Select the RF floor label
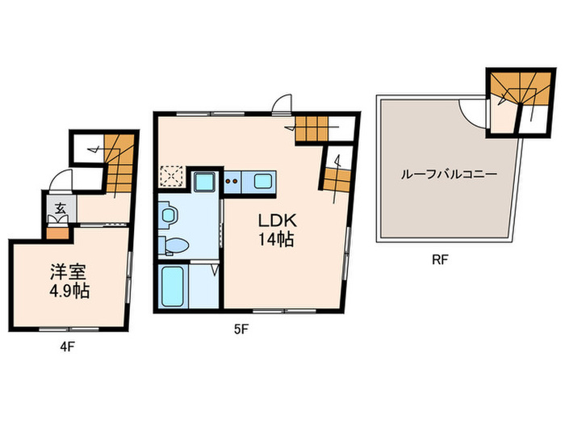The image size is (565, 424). point(440,261)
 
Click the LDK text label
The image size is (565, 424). point(274,220)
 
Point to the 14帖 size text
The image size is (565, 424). point(274,239)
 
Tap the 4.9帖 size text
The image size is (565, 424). point(66,291)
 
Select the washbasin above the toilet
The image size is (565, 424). point(168,215)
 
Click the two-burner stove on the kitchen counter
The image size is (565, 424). point(232,181)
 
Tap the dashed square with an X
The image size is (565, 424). point(172,176)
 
